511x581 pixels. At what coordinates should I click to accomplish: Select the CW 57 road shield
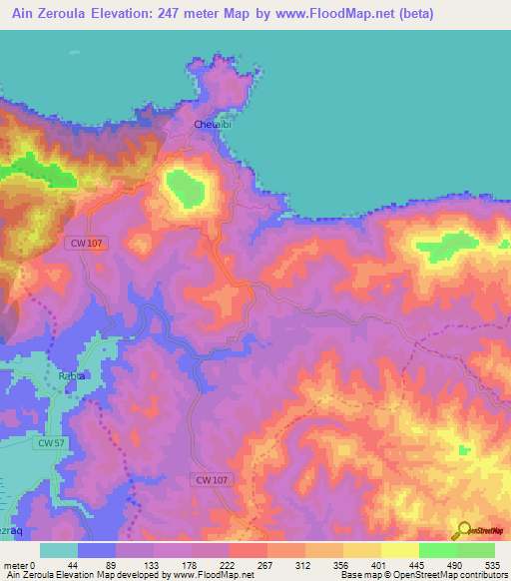tap(50, 441)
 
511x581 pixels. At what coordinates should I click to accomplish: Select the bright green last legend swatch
tap(475, 550)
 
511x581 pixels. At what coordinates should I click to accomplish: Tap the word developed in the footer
tap(147, 574)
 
